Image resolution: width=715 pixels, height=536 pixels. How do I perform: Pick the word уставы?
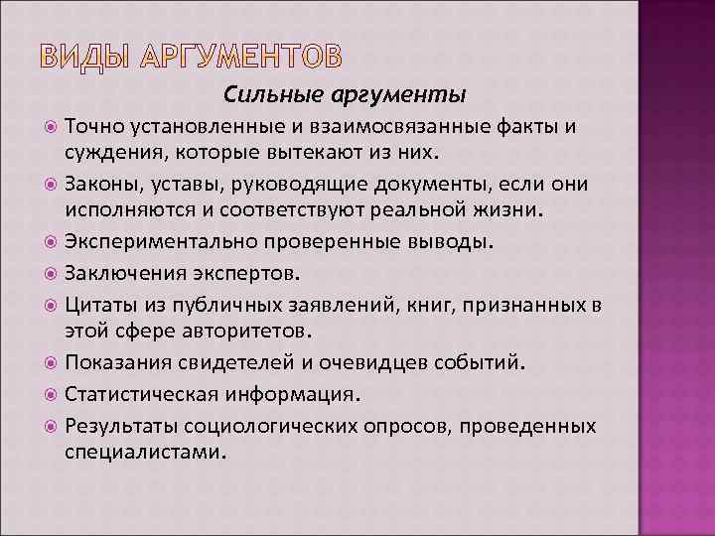[176, 185]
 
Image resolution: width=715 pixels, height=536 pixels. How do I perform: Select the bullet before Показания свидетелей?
[52, 363]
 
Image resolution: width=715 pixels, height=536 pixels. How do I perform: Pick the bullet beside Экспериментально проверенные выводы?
[52, 241]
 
